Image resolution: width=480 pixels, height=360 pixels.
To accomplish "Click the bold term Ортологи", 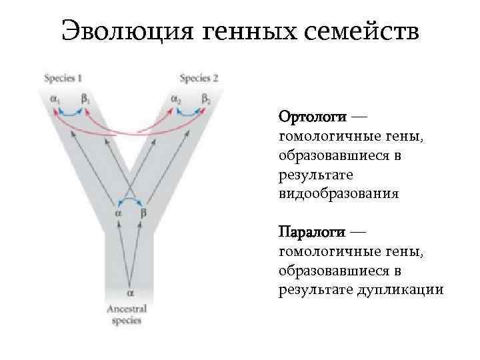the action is pos(312,117).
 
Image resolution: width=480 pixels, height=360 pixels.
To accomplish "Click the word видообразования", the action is pos(339,194).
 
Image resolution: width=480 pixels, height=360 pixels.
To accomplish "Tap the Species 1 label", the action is pos(63,78).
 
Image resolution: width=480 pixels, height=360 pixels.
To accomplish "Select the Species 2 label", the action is pos(199,78).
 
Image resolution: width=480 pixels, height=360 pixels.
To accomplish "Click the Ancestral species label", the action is pos(127,314).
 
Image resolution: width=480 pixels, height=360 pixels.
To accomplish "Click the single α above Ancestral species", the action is pos(131,291).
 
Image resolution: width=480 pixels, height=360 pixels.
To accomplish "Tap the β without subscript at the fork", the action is pos(143,213).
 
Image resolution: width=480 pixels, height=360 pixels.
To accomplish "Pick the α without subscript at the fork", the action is pos(117,213).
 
